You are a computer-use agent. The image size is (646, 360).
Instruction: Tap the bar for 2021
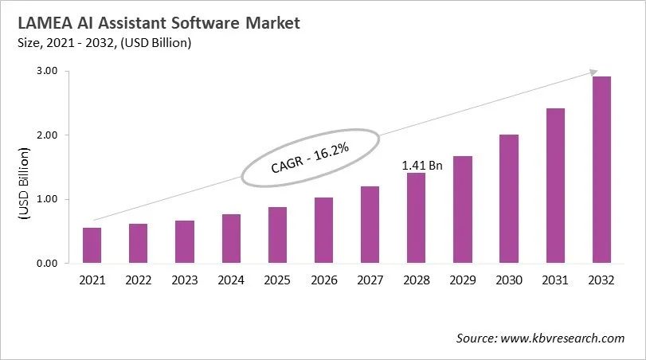tap(92, 245)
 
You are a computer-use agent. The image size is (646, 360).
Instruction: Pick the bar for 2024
tap(231, 238)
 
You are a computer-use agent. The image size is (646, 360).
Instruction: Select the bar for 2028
tap(416, 217)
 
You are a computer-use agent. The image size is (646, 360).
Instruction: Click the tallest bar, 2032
tap(601, 170)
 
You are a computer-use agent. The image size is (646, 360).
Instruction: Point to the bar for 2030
tap(508, 198)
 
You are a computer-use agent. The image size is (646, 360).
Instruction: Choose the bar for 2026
tap(323, 230)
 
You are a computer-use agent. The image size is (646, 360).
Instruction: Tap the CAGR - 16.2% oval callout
tap(309, 158)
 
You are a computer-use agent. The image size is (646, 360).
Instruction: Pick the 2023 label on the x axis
tap(185, 280)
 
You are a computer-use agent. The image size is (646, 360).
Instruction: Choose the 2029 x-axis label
tap(462, 280)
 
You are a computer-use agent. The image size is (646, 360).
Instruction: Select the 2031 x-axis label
tap(554, 280)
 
